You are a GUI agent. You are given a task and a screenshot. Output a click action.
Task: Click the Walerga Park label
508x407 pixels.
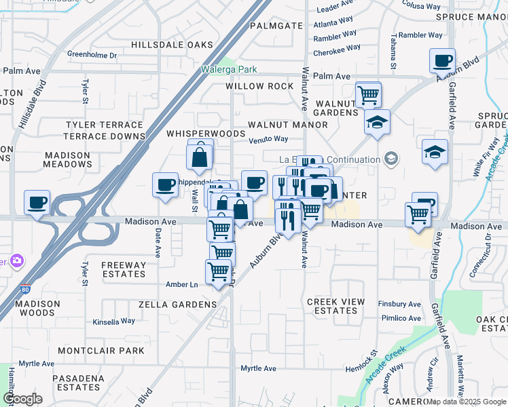[x=229, y=69]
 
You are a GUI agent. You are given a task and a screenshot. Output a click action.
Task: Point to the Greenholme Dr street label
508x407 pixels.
[x=92, y=54]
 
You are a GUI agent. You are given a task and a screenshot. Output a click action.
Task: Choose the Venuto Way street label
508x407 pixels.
[x=268, y=139]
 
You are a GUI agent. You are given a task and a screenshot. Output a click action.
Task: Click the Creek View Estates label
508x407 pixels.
[x=336, y=306]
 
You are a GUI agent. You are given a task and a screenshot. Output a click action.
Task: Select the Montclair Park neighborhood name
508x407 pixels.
[x=101, y=351]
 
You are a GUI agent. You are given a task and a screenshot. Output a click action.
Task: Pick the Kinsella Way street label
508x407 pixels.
[x=114, y=322]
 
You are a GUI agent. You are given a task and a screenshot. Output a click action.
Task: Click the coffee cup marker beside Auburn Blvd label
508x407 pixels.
[x=442, y=62]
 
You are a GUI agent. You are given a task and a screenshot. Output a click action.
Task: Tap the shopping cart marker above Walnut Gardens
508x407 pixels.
[x=368, y=94]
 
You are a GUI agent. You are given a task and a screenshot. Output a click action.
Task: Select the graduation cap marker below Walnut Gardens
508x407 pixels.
[x=377, y=123]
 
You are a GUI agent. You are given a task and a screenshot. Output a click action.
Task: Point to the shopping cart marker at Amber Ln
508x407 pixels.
[x=219, y=272]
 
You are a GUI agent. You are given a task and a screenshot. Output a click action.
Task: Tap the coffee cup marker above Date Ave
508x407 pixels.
[x=165, y=185]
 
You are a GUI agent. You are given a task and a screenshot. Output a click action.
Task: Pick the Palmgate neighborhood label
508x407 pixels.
[x=276, y=26]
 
